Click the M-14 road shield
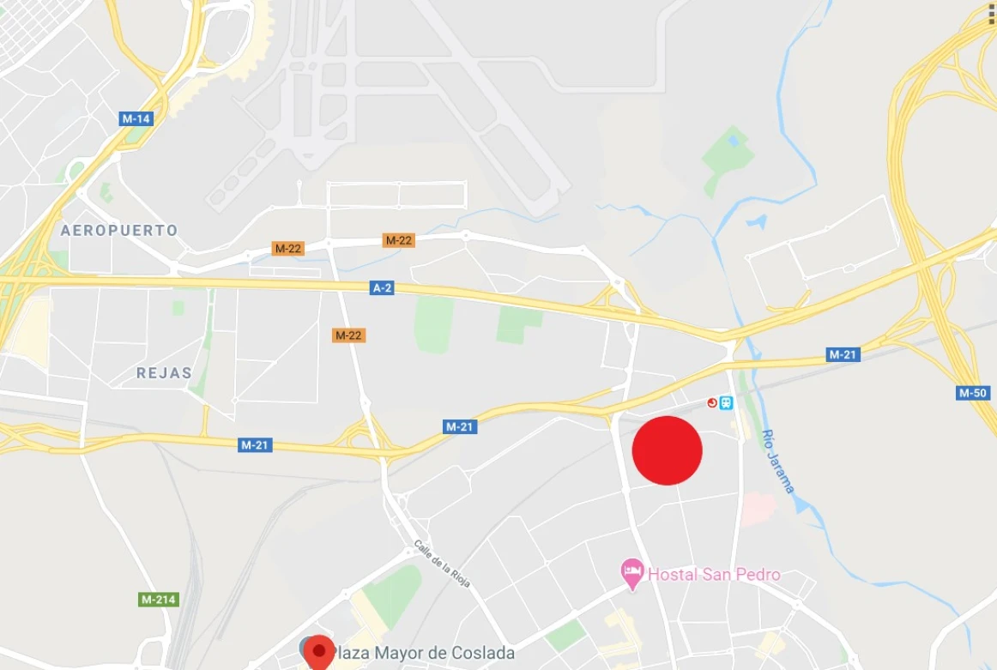coord(136,118)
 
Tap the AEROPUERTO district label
coord(119,230)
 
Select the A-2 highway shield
coord(383,288)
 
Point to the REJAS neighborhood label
coord(164,372)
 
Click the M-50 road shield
coord(973,393)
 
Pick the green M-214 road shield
coord(159,600)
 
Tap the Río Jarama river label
coord(778,462)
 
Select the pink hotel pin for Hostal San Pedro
coord(632,572)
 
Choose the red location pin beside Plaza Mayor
coord(320,652)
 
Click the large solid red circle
coord(668,450)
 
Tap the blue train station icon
coord(727,402)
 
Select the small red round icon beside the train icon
coord(711,402)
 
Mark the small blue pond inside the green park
coord(732,141)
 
